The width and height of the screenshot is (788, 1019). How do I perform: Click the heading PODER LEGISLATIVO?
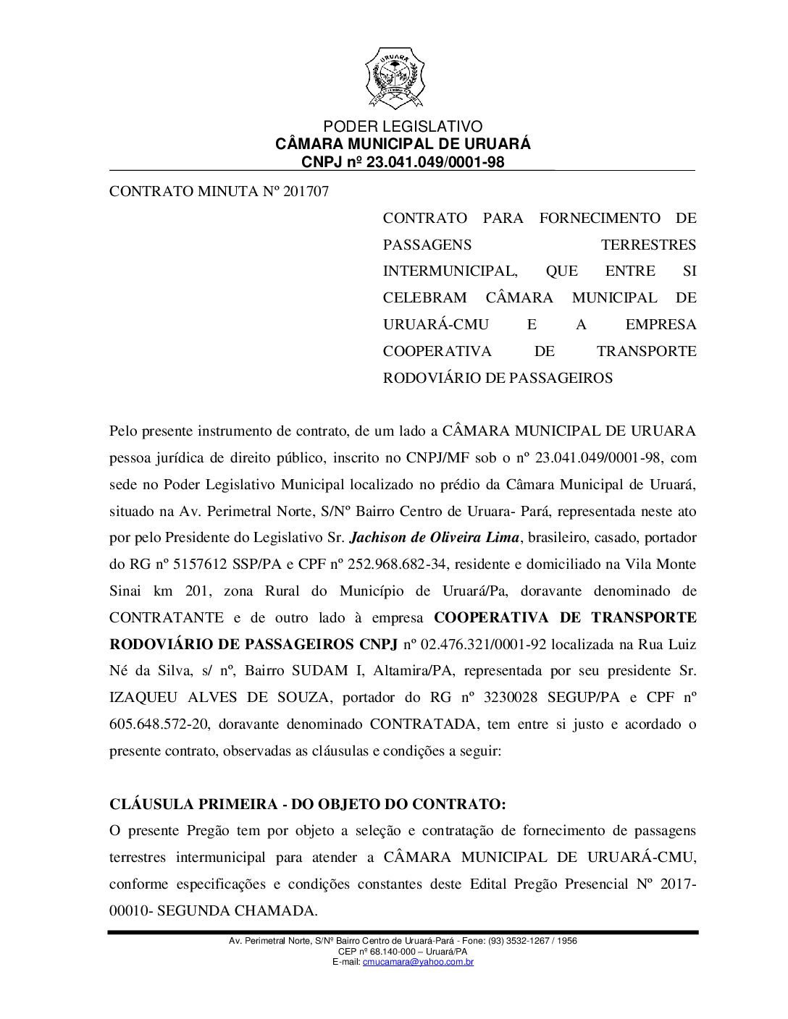(x=403, y=127)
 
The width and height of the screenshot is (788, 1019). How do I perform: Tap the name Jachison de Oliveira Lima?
(x=435, y=538)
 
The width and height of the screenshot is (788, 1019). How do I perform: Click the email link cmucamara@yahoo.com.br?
(x=418, y=962)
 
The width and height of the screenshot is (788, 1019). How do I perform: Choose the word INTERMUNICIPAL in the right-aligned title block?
(x=450, y=271)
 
